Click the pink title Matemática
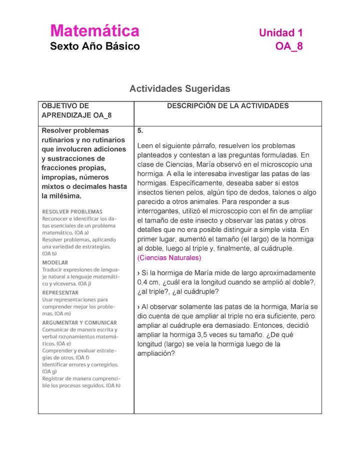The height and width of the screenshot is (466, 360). (94, 31)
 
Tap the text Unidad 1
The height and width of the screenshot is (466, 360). (280, 33)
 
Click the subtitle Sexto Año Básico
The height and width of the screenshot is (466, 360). (95, 47)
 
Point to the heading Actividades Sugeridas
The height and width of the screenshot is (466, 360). (179, 89)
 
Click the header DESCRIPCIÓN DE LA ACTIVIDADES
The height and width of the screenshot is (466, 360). (227, 106)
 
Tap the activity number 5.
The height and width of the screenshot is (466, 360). (140, 131)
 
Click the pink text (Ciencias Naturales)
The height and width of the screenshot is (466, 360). (169, 258)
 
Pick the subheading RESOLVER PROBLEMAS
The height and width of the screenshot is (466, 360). (72, 211)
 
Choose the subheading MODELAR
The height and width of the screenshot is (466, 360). (55, 262)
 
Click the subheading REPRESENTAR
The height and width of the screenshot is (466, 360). (60, 292)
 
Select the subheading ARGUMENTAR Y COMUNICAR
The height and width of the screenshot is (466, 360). (79, 322)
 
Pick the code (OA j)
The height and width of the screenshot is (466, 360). (79, 283)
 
